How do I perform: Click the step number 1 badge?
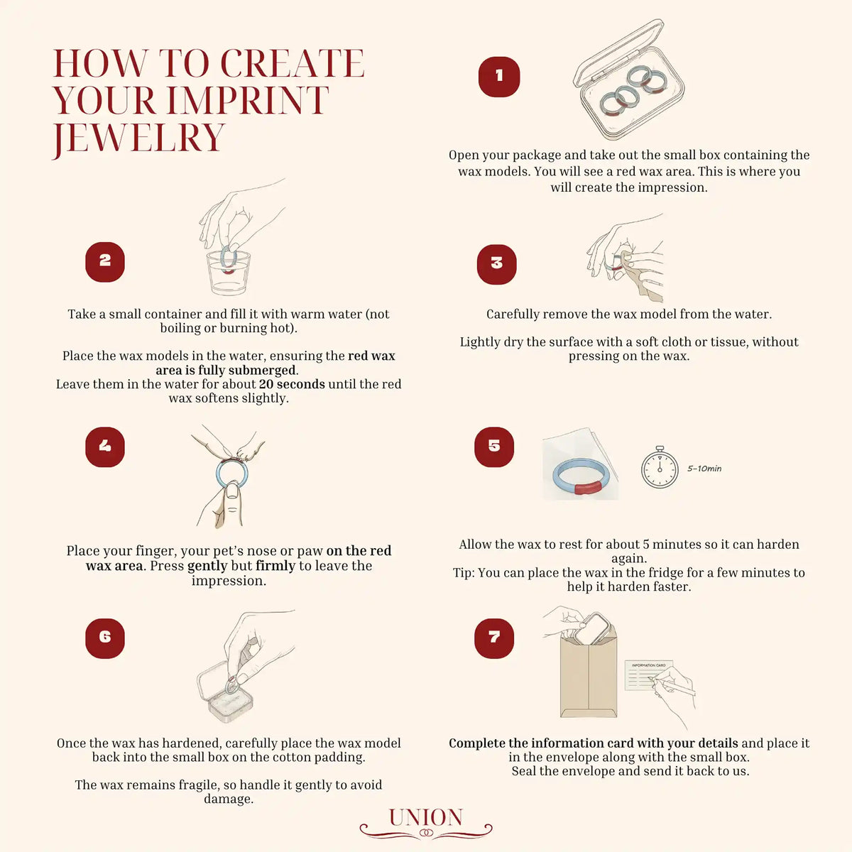pos(498,77)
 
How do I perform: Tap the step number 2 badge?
pos(105,262)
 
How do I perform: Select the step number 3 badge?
pos(496,264)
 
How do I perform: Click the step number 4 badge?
pos(105,447)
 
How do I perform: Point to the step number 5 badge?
pos(494,447)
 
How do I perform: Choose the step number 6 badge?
pos(105,638)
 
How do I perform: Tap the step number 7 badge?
pos(494,638)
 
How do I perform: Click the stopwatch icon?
pos(659,467)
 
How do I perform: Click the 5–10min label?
pos(704,469)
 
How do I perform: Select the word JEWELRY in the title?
pos(139,139)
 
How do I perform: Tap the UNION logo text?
pos(426,817)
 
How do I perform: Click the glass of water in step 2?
pos(228,273)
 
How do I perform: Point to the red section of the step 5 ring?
pos(588,488)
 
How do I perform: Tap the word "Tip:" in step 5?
pos(464,572)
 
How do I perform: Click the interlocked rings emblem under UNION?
pos(426,833)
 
